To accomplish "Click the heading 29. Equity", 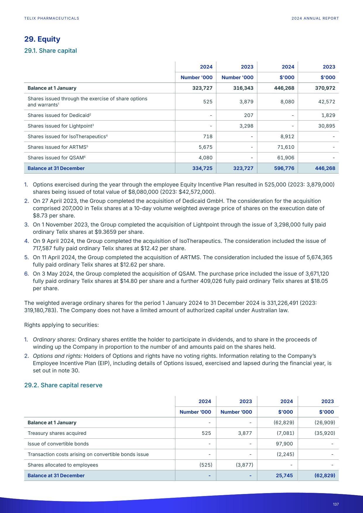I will coord(42,39).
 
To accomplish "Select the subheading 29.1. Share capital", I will coord(50,51).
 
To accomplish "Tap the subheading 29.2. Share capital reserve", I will coord(63,385).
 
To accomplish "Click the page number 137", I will coord(336,504).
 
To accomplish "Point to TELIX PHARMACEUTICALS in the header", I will coord(52,18).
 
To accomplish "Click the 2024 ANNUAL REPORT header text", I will coord(315,18).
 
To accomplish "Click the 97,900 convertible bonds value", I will coord(284,444).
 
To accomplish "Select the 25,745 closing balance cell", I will coord(284,476).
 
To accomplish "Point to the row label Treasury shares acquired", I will coord(57,433).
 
